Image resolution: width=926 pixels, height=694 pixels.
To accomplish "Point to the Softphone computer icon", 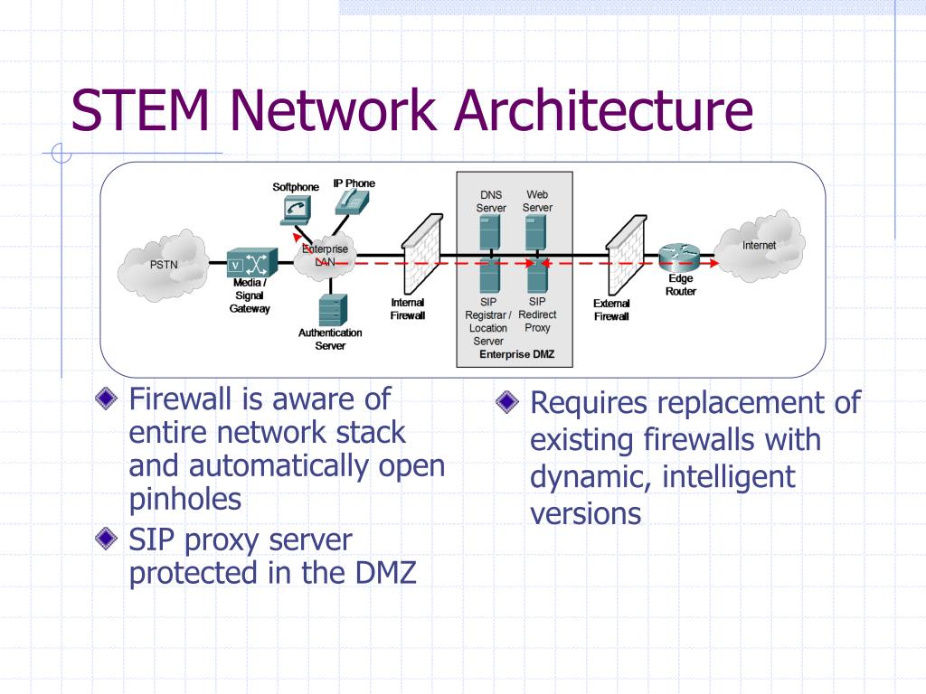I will (x=295, y=210).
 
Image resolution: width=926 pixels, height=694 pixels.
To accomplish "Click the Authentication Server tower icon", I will (x=331, y=310).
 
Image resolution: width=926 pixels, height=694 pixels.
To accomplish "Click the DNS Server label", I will (x=491, y=201).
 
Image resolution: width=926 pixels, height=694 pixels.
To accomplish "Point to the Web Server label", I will (x=537, y=201).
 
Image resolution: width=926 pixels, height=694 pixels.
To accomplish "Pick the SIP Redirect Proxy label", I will (x=537, y=314).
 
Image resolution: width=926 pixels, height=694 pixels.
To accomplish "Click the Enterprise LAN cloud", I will (x=324, y=255).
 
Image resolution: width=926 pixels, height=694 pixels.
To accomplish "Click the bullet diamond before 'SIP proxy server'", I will (x=107, y=539).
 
